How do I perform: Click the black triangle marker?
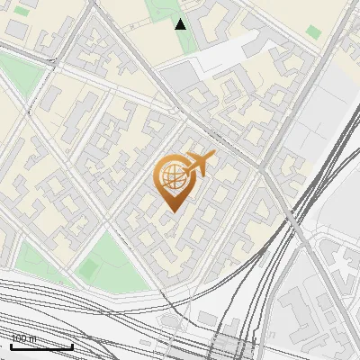tap(181, 23)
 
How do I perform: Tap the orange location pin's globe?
tap(171, 177)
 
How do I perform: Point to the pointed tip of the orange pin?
tap(171, 211)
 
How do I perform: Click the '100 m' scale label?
tap(24, 338)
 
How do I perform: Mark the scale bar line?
tap(41, 346)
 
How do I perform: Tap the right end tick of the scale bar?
tap(72, 345)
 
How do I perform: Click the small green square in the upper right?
tap(313, 31)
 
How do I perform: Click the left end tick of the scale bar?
tap(11, 345)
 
